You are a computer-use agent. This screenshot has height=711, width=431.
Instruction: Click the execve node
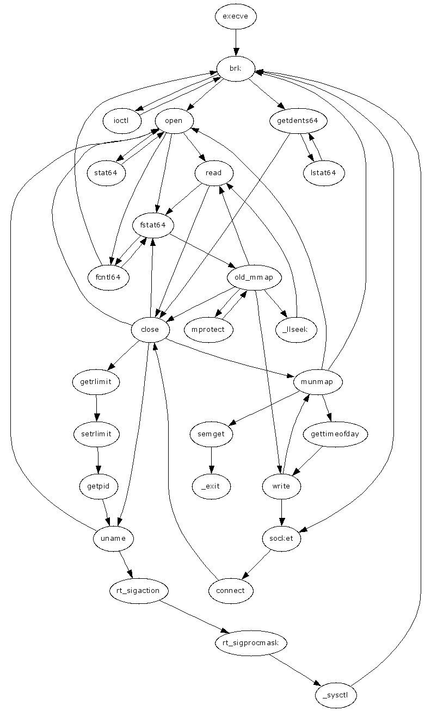(236, 16)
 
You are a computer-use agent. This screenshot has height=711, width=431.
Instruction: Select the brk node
(236, 69)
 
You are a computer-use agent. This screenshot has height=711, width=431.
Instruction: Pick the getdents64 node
(298, 121)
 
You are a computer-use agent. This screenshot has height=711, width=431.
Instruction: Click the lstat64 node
(324, 173)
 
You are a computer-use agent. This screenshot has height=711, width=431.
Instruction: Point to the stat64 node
(107, 173)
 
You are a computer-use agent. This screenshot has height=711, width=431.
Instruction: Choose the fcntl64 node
(108, 277)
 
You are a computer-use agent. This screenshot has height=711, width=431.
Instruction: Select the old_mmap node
(254, 277)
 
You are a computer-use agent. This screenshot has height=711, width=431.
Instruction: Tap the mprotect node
(208, 330)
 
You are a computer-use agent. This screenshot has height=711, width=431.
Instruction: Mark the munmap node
(318, 382)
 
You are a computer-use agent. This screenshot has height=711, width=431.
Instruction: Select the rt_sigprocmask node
(251, 643)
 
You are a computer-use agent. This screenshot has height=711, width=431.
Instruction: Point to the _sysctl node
(336, 695)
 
